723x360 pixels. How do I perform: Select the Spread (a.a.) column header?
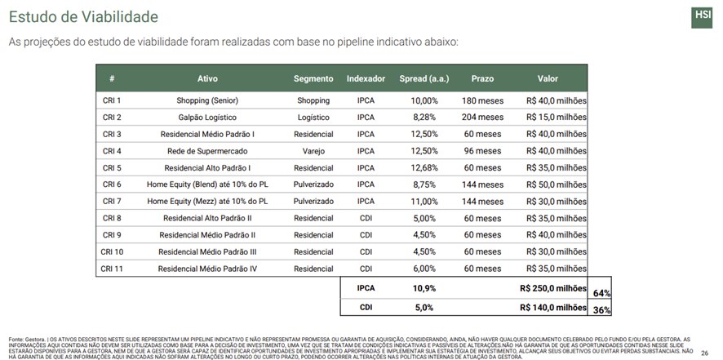click(x=424, y=79)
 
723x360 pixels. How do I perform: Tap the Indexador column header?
click(x=366, y=79)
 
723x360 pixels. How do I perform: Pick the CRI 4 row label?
click(x=112, y=151)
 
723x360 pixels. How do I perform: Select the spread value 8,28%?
click(x=424, y=118)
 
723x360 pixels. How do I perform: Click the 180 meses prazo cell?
click(x=481, y=101)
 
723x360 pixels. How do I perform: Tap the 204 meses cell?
click(x=481, y=118)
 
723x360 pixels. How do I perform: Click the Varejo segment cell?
click(x=313, y=151)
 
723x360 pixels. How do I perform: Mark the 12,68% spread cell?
click(x=424, y=168)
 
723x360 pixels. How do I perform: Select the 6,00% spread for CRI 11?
click(x=424, y=269)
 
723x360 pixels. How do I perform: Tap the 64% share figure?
click(x=602, y=292)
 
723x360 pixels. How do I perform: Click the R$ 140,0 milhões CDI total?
click(x=552, y=307)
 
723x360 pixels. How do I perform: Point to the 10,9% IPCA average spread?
click(x=424, y=288)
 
